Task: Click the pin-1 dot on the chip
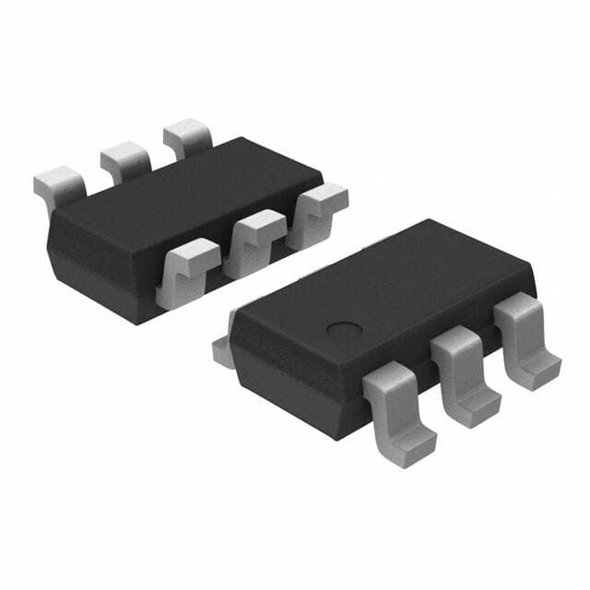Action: tap(344, 330)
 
